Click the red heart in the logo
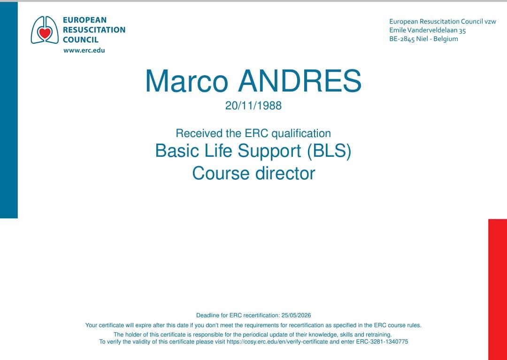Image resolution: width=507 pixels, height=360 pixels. pyautogui.click(x=45, y=33)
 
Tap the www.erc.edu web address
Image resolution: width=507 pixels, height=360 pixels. pyautogui.click(x=84, y=50)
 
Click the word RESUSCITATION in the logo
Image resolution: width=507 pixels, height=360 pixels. pyautogui.click(x=94, y=30)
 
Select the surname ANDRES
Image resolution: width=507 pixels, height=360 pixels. pyautogui.click(x=300, y=81)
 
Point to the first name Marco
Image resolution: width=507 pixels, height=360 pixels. pyautogui.click(x=186, y=81)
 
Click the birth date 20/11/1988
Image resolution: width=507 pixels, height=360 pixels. pyautogui.click(x=253, y=106)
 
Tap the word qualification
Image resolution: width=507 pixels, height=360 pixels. pyautogui.click(x=301, y=133)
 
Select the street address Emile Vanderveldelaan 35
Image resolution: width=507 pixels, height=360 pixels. pyautogui.click(x=428, y=31)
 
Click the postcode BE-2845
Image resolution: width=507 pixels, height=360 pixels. pyautogui.click(x=402, y=39)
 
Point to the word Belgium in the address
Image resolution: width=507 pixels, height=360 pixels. pyautogui.click(x=446, y=39)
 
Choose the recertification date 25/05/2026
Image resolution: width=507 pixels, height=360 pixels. pyautogui.click(x=296, y=315)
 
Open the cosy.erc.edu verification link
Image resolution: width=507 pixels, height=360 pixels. pyautogui.click(x=277, y=342)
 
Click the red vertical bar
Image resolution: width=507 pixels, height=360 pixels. pyautogui.click(x=498, y=290)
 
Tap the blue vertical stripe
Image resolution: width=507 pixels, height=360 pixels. pyautogui.click(x=9, y=110)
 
